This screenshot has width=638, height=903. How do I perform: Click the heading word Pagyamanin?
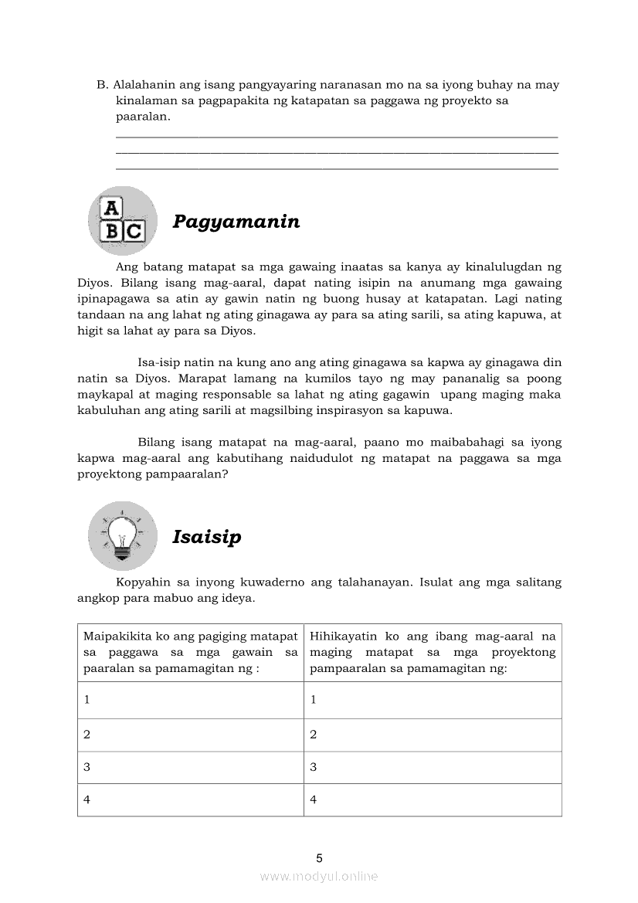coord(236,222)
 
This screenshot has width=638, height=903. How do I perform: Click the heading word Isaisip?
coord(206,537)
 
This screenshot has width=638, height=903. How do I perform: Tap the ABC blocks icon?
coord(122,220)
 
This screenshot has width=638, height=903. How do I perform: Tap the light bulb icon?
coord(122,535)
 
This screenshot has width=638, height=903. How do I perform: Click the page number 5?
coord(319,858)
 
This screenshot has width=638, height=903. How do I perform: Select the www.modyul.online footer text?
coord(319,876)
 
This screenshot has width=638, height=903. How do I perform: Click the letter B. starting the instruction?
coord(101,84)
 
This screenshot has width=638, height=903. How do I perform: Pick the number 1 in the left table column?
coord(87,700)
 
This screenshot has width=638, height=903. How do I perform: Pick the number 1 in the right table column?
coord(313,700)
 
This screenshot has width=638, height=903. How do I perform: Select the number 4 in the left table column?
coord(87,799)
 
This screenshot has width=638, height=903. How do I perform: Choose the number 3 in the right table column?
coord(313,767)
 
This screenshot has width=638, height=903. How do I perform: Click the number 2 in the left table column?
coord(87,735)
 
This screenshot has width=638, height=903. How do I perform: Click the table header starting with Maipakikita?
coord(190,652)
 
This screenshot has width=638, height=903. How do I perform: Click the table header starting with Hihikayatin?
coord(432,652)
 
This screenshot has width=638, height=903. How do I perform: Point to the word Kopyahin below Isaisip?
coord(141,582)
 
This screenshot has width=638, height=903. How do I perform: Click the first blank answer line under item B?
coord(336,137)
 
